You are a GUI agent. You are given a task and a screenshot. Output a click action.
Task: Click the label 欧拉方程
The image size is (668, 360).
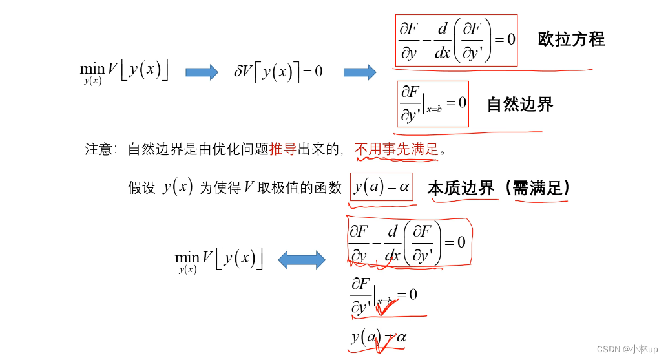[571, 39]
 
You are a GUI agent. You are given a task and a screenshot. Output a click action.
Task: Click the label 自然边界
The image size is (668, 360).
[520, 105]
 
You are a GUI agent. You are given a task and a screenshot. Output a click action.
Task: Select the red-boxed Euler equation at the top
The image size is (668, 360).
[456, 40]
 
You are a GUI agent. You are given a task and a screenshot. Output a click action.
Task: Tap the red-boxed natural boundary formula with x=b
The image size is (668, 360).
[432, 103]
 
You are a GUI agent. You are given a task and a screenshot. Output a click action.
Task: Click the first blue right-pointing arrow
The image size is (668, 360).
[202, 72]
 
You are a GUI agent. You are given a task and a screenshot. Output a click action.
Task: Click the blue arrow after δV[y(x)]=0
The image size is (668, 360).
[359, 72]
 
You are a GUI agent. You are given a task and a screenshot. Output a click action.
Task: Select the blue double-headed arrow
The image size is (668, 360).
[302, 260]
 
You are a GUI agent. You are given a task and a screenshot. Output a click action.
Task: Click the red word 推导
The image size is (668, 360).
[283, 150]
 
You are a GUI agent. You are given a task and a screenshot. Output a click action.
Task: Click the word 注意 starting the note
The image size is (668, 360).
[98, 150]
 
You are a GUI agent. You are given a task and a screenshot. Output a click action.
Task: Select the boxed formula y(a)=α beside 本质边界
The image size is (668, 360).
[381, 187]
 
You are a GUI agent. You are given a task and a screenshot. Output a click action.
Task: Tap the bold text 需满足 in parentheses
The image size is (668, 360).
[540, 188]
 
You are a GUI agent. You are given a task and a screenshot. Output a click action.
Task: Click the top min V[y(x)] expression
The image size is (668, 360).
[124, 71]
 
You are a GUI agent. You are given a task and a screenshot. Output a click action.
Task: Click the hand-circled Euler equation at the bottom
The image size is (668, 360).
[408, 243]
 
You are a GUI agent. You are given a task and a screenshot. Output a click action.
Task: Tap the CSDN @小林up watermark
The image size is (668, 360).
[627, 349]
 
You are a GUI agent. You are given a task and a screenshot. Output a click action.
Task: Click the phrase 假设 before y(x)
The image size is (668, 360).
[141, 188]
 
